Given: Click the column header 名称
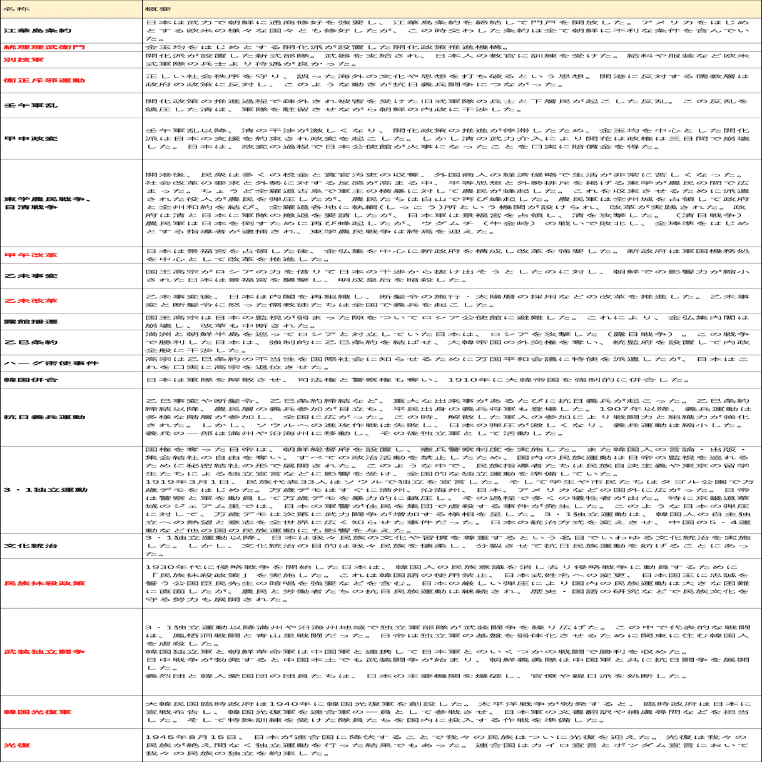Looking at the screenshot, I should tap(16, 10).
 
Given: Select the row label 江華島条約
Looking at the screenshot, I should tap(38, 30).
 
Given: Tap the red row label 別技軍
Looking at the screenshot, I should tap(24, 60).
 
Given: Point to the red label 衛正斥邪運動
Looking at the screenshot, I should tap(44, 81).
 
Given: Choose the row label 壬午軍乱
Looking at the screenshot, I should tap(31, 106).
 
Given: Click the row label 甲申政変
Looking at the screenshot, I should tap(31, 139).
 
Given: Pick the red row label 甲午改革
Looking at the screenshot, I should tap(31, 255).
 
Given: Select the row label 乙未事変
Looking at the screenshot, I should tap(31, 276).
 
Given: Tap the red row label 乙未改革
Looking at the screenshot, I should tap(31, 301).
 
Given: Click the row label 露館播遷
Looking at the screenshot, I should tap(31, 322).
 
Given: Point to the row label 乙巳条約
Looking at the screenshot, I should tap(31, 342).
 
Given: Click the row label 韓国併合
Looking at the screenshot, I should tap(31, 380).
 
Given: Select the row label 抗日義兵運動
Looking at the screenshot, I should tap(44, 417).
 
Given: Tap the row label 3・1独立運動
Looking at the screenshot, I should tap(46, 490).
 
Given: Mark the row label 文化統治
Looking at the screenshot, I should tap(31, 546).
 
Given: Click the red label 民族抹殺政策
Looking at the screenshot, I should tap(44, 583).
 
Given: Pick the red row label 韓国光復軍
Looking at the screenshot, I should tap(38, 712).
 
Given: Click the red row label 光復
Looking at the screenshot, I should tap(17, 745).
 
